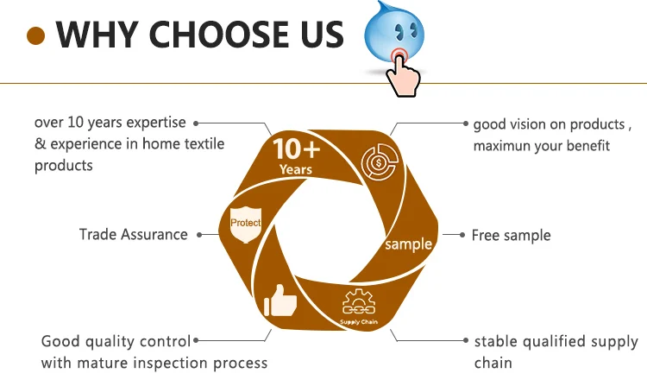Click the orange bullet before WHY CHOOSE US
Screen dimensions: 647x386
(x=35, y=35)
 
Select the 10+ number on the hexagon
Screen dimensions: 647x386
(x=296, y=149)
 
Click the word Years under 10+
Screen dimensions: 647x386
(x=296, y=170)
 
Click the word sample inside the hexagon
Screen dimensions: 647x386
(x=408, y=244)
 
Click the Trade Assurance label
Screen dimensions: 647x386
(x=133, y=234)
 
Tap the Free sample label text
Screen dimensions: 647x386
(x=511, y=235)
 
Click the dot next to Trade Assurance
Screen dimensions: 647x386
(x=199, y=234)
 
